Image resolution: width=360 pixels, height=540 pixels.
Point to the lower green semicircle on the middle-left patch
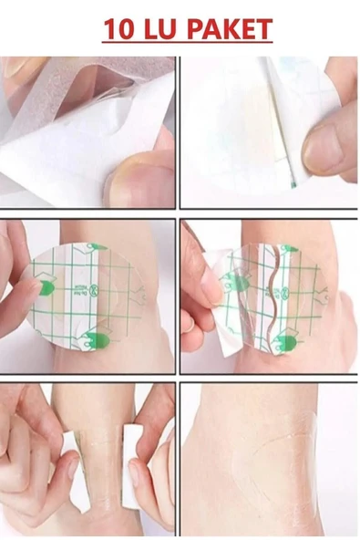pyautogui.click(x=99, y=341)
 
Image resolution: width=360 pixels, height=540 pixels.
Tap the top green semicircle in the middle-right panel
pyautogui.click(x=287, y=248)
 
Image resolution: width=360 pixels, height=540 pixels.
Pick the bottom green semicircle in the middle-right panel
pyautogui.click(x=285, y=344)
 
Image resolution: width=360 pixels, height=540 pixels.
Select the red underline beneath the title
pyautogui.click(x=187, y=43)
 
